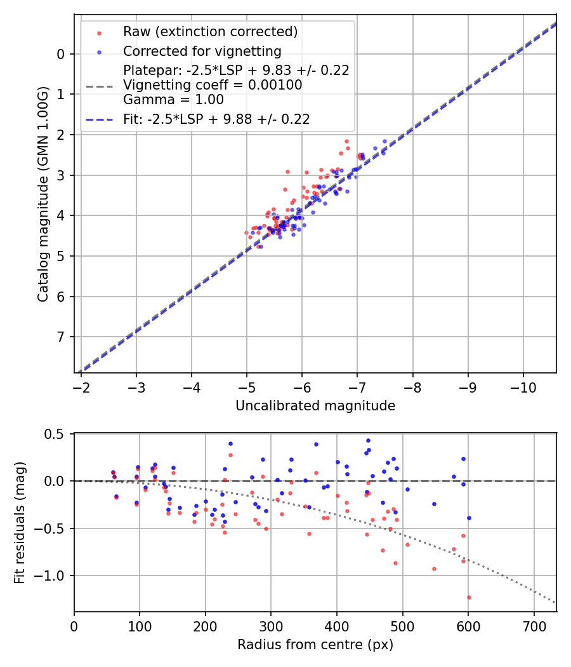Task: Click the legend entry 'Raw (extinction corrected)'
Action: coord(210,31)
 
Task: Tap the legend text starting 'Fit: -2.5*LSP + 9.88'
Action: coord(216,119)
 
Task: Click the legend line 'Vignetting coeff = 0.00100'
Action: coord(213,84)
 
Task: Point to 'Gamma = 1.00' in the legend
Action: coord(173,99)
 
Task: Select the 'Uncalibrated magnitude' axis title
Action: coord(315,406)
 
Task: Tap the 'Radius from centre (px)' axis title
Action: coord(315,645)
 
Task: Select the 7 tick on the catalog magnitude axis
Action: coord(60,337)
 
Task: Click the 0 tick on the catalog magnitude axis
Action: coord(60,54)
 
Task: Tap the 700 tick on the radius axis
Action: coord(534,626)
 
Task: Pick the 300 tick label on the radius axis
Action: coord(271,626)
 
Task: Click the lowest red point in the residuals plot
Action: coord(469,597)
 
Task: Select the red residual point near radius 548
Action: coord(434,569)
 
